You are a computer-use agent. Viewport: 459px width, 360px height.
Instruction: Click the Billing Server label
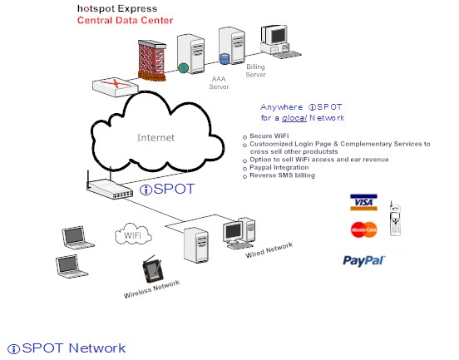(x=257, y=70)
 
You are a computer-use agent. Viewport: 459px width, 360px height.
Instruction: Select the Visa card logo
(x=363, y=202)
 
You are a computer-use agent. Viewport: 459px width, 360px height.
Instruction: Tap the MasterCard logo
(x=363, y=229)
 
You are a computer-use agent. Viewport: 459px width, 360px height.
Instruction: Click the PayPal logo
(x=363, y=260)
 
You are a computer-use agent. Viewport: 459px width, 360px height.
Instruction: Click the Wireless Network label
(x=151, y=288)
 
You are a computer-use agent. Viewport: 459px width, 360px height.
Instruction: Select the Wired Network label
(x=269, y=250)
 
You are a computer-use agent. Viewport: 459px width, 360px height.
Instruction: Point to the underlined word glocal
(x=294, y=118)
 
